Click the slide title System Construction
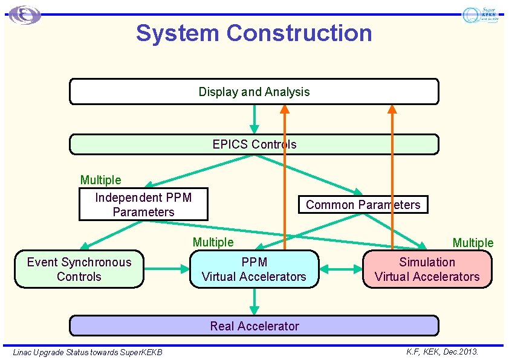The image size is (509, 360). (x=254, y=33)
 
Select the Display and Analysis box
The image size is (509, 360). (x=254, y=92)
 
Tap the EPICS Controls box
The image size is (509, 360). (x=254, y=144)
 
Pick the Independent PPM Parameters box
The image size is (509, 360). (x=143, y=205)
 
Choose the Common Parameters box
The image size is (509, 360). (x=363, y=205)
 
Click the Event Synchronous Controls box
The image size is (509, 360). (x=79, y=269)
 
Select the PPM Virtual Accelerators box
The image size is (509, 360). (x=254, y=269)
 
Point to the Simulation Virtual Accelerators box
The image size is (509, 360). (x=427, y=269)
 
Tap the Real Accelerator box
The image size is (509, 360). (x=254, y=326)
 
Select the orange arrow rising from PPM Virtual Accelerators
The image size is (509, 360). (x=285, y=181)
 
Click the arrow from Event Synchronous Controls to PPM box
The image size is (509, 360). (x=167, y=269)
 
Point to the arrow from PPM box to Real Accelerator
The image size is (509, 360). (x=254, y=301)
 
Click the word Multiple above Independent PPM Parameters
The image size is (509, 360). (x=100, y=180)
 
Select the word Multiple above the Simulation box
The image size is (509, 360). (x=473, y=243)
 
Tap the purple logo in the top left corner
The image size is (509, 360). (x=25, y=15)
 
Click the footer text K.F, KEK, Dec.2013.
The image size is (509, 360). (x=443, y=351)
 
